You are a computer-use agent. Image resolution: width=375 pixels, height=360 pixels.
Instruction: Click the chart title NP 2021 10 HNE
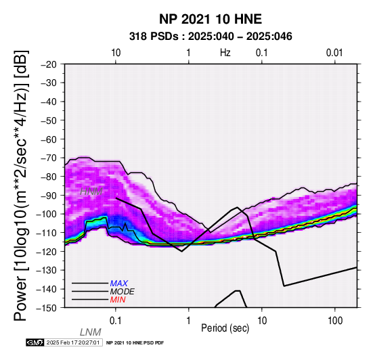(211, 19)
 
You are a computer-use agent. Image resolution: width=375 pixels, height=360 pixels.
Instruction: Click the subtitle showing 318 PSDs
(211, 37)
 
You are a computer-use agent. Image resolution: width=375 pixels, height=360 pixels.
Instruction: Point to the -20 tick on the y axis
(49, 64)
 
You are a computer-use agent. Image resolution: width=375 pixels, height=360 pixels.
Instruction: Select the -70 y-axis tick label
(49, 158)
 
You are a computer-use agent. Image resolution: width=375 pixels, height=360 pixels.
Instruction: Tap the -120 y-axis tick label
(47, 252)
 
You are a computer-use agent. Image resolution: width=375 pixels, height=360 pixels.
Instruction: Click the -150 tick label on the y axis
(47, 308)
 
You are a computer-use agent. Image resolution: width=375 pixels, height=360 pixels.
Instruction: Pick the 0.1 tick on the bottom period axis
(115, 321)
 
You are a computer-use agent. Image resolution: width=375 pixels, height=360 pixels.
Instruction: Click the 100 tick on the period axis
(335, 321)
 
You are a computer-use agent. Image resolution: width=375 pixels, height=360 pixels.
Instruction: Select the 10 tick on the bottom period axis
(262, 321)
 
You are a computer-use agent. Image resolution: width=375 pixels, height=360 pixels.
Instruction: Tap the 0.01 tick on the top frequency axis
(334, 53)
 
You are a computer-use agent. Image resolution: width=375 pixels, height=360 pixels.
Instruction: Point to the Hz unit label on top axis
(225, 53)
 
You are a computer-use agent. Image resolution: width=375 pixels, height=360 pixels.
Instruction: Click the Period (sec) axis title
(225, 328)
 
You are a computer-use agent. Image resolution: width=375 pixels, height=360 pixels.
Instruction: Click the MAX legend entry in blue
(119, 284)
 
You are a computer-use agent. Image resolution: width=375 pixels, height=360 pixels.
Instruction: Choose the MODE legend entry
(123, 292)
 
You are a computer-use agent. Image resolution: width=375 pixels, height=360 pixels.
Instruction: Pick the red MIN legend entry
(118, 300)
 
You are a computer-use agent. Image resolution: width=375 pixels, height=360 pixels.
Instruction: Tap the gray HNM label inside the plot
(91, 192)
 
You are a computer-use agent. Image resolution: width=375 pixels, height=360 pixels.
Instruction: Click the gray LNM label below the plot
(91, 332)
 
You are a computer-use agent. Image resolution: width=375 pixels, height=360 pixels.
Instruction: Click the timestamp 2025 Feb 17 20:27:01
(73, 342)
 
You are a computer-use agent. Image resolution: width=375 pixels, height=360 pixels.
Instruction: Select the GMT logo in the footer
(35, 342)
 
